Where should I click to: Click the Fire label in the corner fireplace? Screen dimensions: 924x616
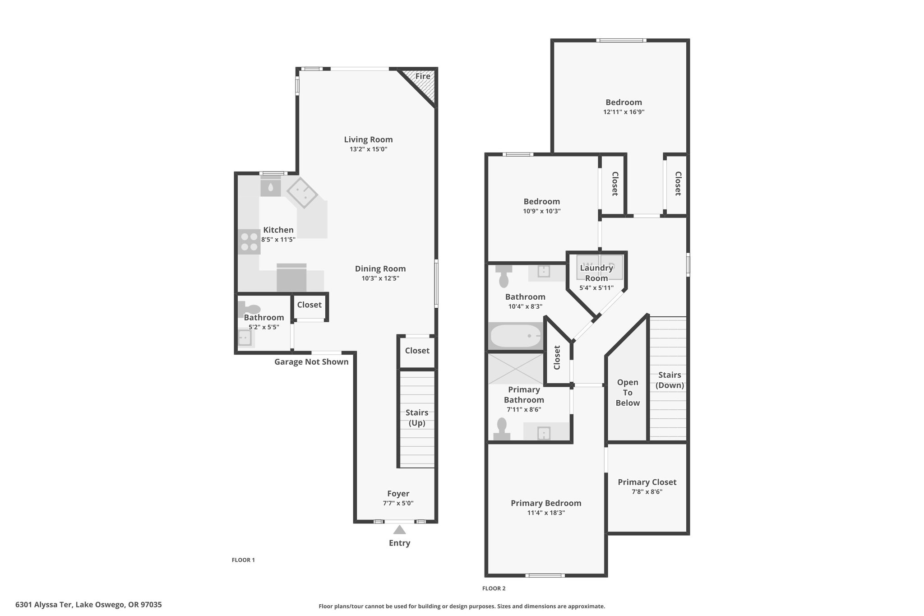[x=423, y=76]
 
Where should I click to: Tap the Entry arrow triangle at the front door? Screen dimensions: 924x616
[x=399, y=530]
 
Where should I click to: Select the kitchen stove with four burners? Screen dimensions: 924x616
[x=249, y=241]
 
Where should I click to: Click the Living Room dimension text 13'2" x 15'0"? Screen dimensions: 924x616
[x=369, y=149]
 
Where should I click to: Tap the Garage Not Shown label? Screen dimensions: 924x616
[x=311, y=362]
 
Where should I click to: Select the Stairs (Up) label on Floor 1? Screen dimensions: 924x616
[x=417, y=418]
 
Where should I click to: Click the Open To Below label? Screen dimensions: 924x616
[x=628, y=393]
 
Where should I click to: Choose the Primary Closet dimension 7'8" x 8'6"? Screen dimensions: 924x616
[x=647, y=492]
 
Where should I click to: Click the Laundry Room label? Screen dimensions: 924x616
[x=596, y=273]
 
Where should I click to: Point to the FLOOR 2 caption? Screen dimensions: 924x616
[x=494, y=588]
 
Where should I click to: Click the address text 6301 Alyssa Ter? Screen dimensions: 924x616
[x=44, y=605]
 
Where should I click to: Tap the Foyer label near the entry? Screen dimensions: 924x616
[x=398, y=494]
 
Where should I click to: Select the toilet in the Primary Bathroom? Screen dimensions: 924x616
[x=502, y=429]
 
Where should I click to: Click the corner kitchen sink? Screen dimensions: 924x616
[x=302, y=193]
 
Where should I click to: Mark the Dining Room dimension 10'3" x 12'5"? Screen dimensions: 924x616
[x=380, y=278]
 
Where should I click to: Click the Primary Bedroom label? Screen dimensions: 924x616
[x=546, y=503]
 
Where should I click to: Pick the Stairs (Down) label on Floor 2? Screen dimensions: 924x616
[x=670, y=380]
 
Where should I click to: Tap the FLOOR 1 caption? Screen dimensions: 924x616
[x=243, y=560]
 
